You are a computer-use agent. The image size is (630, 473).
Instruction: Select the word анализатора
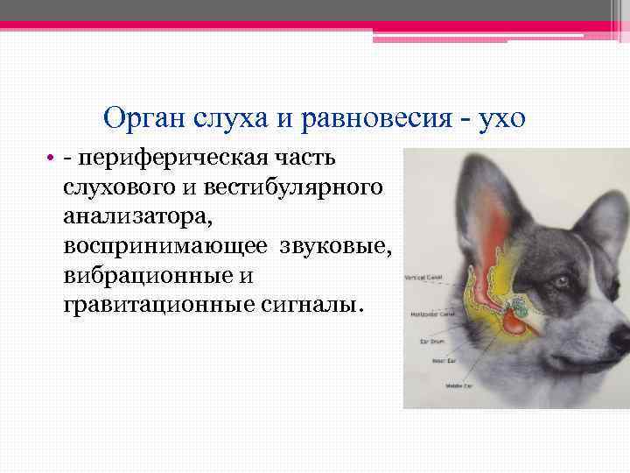tap(122, 217)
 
